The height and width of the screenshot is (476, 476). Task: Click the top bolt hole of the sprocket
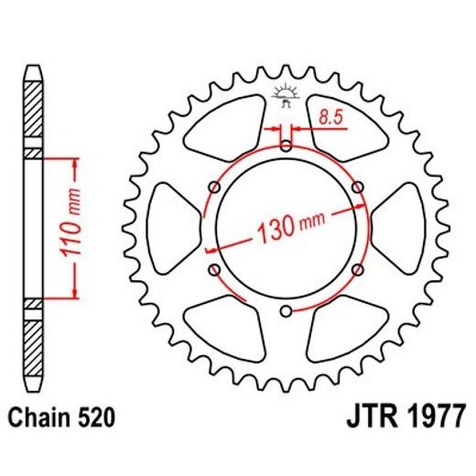tap(286, 145)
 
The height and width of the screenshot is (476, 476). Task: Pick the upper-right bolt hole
tap(357, 187)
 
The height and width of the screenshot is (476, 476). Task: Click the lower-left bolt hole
tap(214, 270)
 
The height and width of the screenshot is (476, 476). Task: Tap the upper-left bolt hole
tap(214, 187)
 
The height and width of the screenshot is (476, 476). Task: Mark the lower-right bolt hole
tap(357, 270)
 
